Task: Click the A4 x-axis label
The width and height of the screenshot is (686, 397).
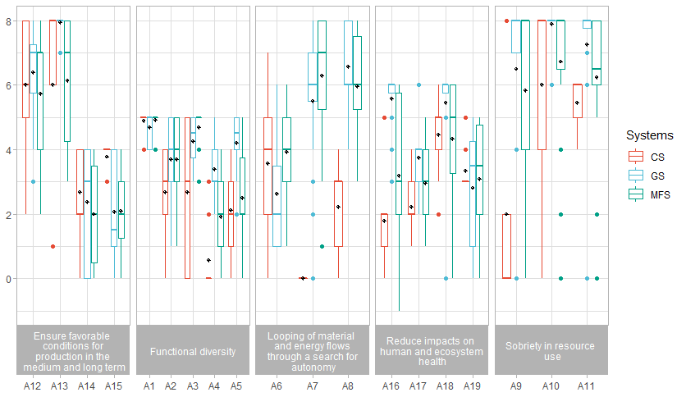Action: tap(214, 385)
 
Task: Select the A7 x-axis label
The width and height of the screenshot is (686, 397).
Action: tap(312, 385)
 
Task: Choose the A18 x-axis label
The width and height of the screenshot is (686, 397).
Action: tap(445, 385)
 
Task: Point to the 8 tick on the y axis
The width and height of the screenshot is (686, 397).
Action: tap(8, 21)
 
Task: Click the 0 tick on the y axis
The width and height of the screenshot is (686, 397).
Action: tap(8, 279)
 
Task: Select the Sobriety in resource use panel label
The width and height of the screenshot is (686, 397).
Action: tap(551, 352)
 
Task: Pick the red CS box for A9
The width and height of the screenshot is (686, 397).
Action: tap(506, 246)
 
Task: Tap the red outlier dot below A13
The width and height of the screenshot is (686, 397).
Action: tap(53, 246)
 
